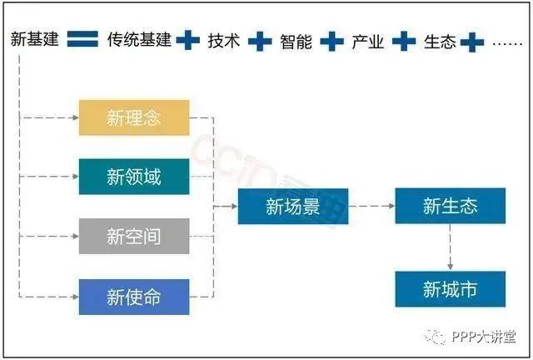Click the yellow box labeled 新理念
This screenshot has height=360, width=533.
(x=134, y=117)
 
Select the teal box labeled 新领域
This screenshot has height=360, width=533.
(x=134, y=177)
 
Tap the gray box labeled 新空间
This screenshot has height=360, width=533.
(x=134, y=237)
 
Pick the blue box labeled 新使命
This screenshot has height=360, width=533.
(x=134, y=297)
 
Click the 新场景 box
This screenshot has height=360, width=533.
(x=292, y=207)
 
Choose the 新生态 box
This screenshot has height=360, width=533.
(x=450, y=207)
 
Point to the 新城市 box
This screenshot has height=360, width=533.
(x=450, y=289)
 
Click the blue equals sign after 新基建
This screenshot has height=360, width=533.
(x=83, y=39)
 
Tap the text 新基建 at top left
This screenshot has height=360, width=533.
(x=35, y=39)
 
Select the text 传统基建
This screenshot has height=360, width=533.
(x=139, y=40)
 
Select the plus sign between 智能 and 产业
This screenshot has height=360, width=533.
(x=332, y=40)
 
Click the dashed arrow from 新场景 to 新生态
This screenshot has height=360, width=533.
(x=371, y=207)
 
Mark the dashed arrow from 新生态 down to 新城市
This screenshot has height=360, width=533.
(x=450, y=247)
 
